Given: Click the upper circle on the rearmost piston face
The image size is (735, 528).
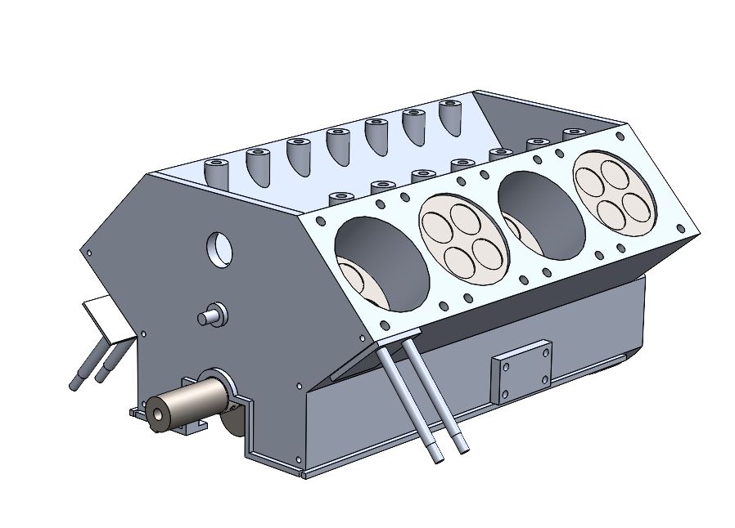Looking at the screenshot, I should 616,172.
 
